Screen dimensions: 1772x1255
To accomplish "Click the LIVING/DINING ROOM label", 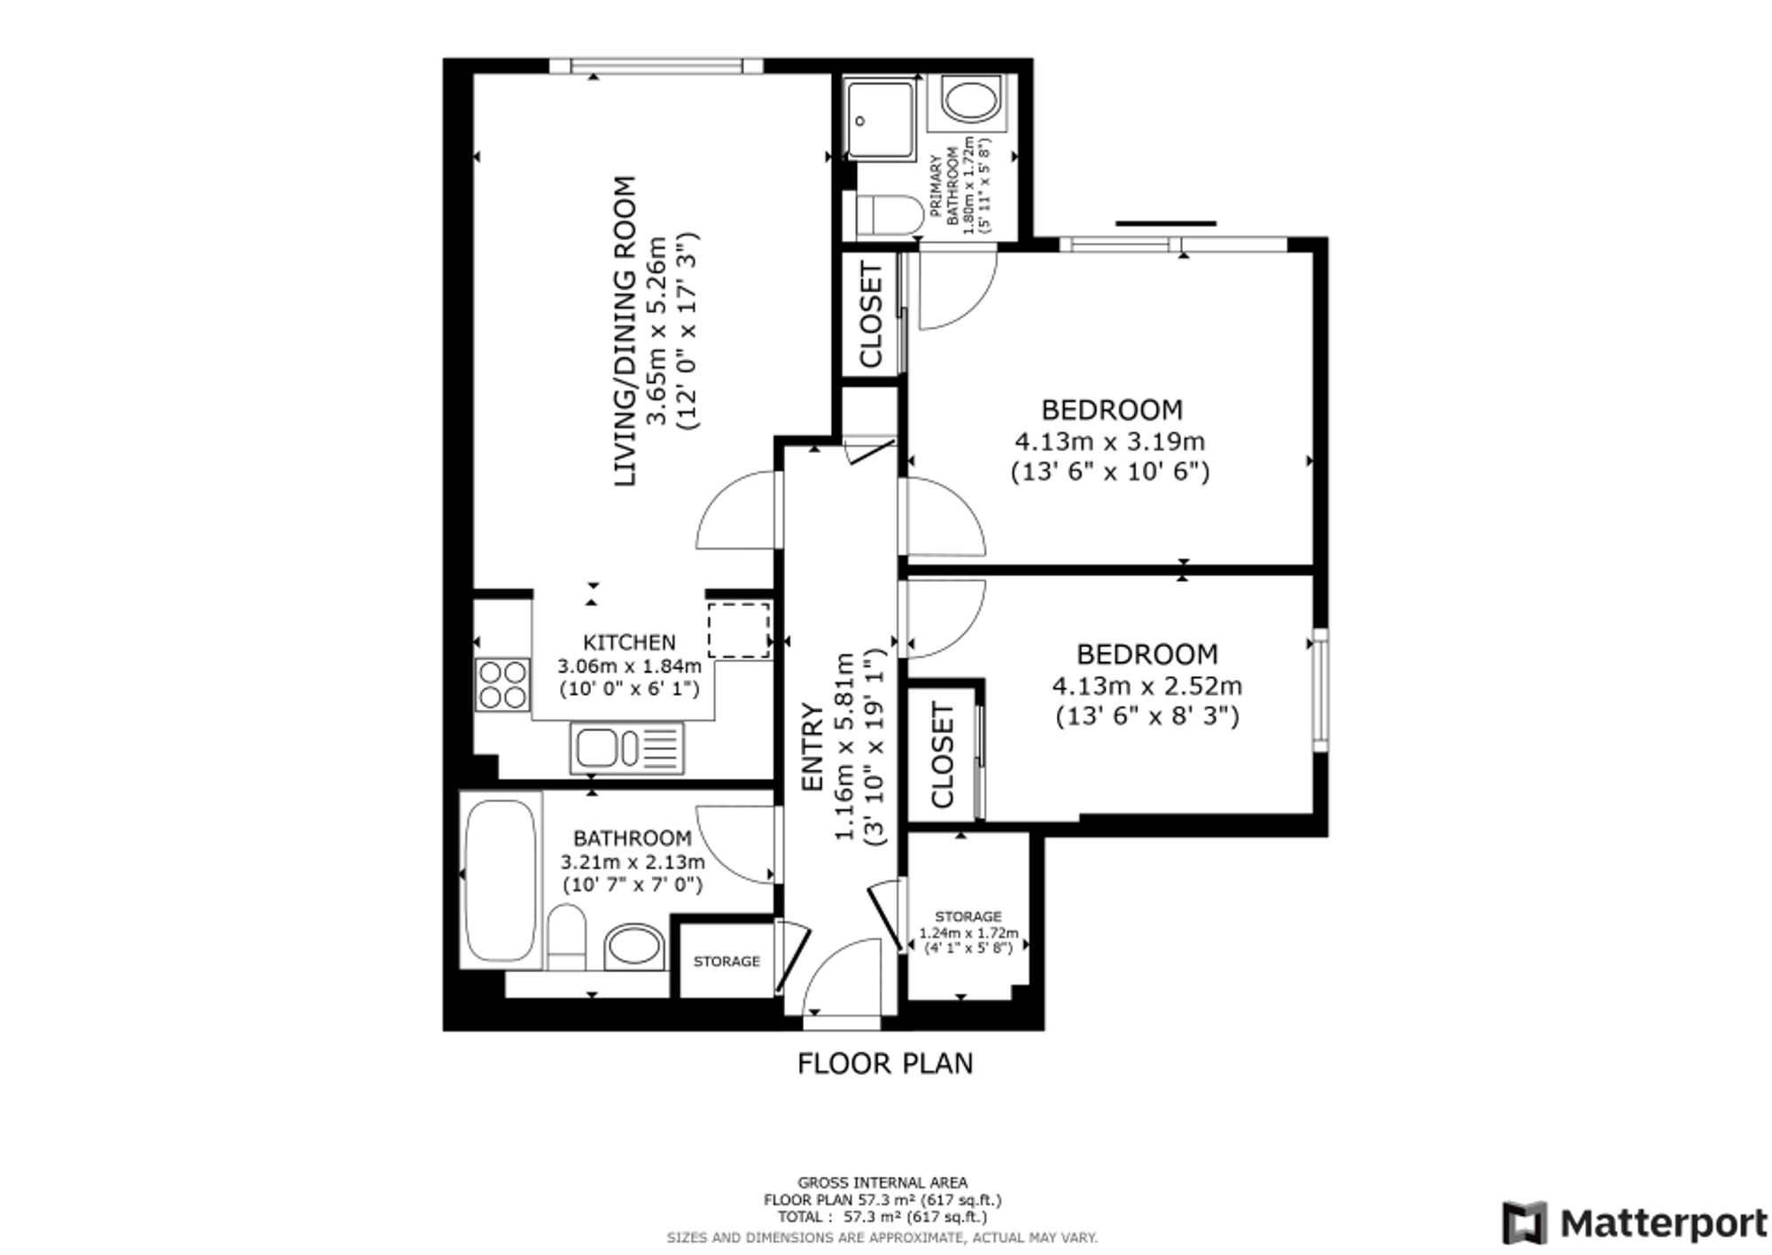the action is [625, 331].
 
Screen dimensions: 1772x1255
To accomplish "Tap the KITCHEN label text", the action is [629, 643].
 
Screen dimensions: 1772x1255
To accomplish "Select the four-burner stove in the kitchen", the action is [503, 685].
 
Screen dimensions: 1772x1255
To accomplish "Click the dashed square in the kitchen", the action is [739, 630].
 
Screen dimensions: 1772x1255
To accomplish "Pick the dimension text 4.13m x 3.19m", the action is [1110, 440].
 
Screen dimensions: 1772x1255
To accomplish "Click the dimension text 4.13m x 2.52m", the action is [1147, 686].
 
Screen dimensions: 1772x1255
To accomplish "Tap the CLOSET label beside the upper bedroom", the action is [871, 316].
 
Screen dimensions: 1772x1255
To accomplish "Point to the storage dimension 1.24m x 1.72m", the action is [968, 932].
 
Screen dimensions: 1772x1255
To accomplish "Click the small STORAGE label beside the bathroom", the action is [727, 961].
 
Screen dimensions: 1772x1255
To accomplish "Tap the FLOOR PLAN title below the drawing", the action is [885, 1063].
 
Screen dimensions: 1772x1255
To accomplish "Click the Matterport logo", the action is [1634, 1224].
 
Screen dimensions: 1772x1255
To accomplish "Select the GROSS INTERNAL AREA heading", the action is [882, 1182].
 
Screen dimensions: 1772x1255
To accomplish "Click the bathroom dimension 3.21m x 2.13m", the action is [633, 861].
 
